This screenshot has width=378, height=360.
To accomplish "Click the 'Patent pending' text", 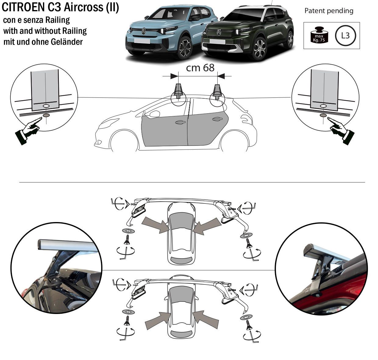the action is tap(329, 11).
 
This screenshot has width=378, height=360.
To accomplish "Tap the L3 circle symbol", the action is tap(345, 36).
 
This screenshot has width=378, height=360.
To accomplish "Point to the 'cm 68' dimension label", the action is tap(200, 68).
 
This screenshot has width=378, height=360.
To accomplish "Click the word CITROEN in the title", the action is tap(23, 7).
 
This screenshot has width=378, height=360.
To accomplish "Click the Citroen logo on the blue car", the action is tap(144, 31).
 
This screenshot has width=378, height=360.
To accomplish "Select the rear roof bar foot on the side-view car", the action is tap(217, 91).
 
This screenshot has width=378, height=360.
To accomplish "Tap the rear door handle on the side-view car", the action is tap(217, 119).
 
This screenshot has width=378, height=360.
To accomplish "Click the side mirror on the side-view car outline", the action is tap(154, 114).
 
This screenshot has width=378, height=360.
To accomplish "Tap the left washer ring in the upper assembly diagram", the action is tap(128, 231).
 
